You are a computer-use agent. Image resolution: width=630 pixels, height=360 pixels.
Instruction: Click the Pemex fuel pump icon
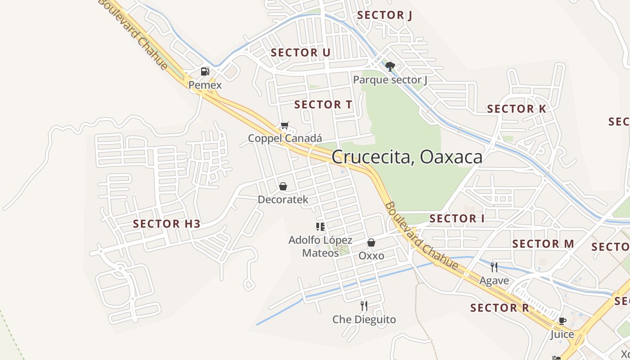click(x=205, y=71)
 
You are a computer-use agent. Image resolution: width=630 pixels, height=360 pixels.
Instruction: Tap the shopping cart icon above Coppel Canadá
click(x=284, y=125)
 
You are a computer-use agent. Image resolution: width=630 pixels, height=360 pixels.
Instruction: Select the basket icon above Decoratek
click(x=283, y=186)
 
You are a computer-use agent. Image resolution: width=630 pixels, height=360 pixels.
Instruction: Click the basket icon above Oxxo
click(x=371, y=243)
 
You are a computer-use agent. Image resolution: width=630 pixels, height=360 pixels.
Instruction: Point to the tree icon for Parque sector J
click(x=390, y=67)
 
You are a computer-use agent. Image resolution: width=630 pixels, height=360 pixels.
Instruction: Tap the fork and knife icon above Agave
click(x=494, y=267)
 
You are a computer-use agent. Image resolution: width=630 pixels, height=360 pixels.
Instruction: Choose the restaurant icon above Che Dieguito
click(x=364, y=306)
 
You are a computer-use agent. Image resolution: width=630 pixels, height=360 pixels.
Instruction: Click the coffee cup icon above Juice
click(x=562, y=321)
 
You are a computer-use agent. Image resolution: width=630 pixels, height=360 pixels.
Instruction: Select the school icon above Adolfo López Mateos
click(x=320, y=226)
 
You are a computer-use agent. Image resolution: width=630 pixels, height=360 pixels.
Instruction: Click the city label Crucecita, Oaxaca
click(x=407, y=157)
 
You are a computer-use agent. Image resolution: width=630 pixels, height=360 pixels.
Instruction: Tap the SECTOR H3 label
click(x=166, y=224)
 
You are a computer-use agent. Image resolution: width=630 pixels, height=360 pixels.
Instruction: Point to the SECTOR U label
click(x=301, y=53)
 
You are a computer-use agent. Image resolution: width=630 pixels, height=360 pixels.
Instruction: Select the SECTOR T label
click(x=323, y=105)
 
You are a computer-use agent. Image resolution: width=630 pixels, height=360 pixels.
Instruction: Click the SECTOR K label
click(x=517, y=109)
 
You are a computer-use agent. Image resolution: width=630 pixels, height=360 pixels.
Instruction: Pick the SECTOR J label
click(x=385, y=15)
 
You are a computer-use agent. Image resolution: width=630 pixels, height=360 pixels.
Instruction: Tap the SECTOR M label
click(x=543, y=244)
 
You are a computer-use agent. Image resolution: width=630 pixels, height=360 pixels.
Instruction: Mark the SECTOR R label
click(x=499, y=308)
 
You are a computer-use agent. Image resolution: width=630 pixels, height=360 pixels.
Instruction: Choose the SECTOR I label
click(x=457, y=219)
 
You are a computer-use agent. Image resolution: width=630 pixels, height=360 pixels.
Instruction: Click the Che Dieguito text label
click(x=364, y=319)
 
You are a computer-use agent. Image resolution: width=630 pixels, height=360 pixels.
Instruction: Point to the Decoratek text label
click(x=283, y=199)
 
